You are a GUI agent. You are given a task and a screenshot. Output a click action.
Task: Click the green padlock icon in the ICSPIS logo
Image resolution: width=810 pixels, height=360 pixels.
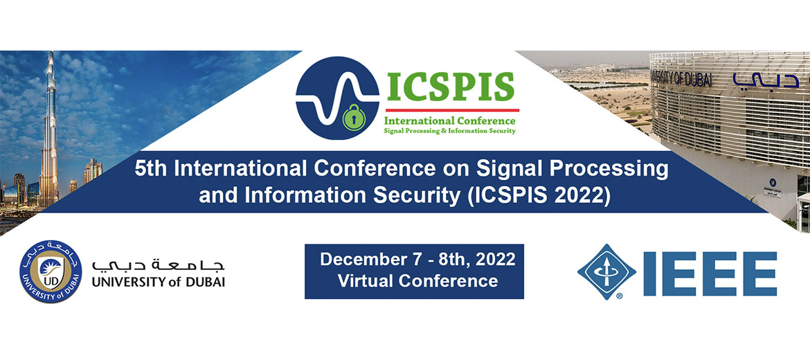point(354,117)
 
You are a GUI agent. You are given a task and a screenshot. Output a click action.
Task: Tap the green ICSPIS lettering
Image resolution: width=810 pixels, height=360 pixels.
point(451,87)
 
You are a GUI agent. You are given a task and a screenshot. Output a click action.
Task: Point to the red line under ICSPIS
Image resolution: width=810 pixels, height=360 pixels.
point(452,110)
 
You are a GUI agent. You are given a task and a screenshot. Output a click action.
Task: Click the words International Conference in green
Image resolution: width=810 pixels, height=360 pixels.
point(449,121)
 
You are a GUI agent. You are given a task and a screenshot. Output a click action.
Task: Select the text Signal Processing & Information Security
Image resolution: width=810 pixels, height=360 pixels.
point(449,131)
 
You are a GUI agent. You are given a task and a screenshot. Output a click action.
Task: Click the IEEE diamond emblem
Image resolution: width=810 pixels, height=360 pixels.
point(606,271)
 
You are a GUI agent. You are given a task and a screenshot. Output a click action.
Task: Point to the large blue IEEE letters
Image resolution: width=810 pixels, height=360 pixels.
point(710,273)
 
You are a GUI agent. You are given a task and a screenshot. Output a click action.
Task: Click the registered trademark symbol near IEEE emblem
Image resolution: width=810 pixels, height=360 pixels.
point(618,296)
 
